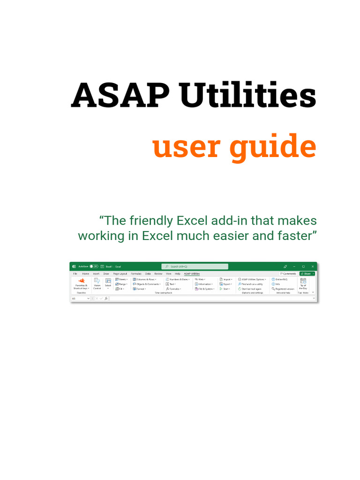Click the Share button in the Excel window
tap(307, 273)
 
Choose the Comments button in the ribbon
tap(288, 273)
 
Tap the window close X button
tap(313, 266)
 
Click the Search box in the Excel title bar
tap(195, 266)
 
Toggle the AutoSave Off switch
tap(94, 266)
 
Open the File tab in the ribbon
tap(75, 273)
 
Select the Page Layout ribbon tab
tap(120, 273)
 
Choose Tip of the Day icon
tap(303, 283)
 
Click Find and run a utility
tap(251, 284)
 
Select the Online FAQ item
tap(280, 279)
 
